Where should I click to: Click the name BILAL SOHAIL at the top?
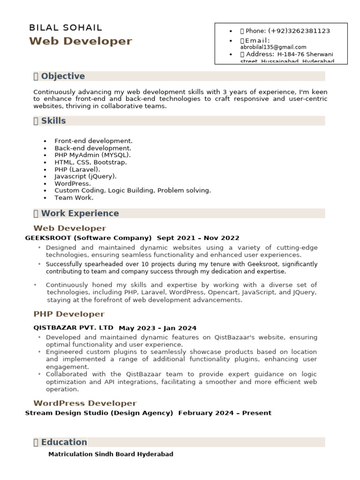[66, 28]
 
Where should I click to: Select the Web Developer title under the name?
[81, 41]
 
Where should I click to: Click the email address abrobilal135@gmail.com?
[273, 47]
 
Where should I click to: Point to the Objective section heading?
[63, 76]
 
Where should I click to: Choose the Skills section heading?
[53, 120]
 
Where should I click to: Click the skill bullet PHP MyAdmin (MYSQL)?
[92, 155]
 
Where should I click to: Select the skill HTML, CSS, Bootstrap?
[90, 162]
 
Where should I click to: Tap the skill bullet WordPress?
[73, 183]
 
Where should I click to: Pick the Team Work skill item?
[74, 197]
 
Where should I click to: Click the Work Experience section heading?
[80, 213]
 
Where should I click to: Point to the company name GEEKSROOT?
[48, 238]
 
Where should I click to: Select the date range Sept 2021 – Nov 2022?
[198, 238]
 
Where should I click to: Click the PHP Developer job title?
[69, 314]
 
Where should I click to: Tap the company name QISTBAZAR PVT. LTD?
[73, 328]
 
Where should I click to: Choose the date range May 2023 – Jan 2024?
[157, 328]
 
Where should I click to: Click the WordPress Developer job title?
[85, 403]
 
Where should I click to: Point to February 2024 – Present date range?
[225, 413]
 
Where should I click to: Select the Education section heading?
[64, 442]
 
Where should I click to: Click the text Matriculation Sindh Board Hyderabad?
[111, 454]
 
